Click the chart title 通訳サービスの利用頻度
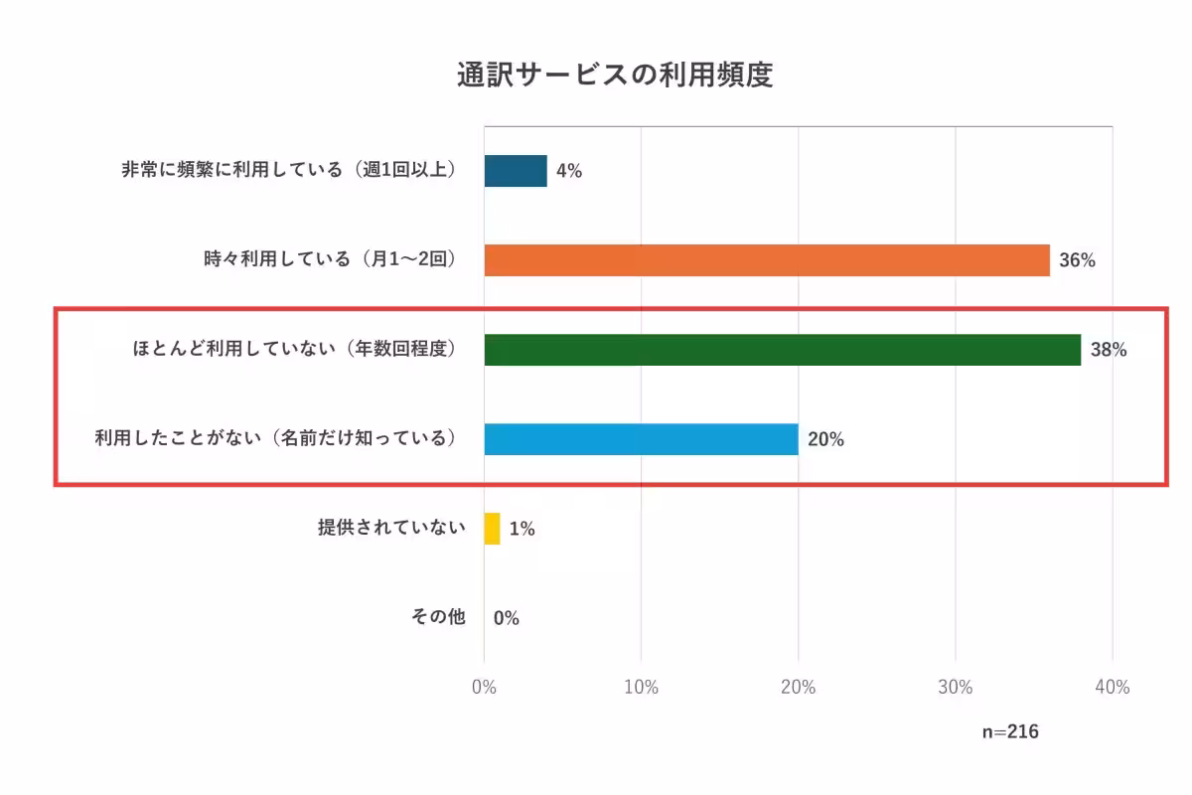pos(615,76)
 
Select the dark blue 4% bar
pos(516,171)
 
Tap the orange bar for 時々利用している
pos(767,260)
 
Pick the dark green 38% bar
pos(783,350)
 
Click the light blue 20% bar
pos(642,439)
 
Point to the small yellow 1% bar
pos(492,529)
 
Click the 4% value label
pos(569,171)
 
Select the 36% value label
pos(1077,260)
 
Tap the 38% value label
pos(1109,350)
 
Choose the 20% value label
pos(825,439)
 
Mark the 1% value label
pos(521,529)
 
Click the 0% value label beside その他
pos(506,618)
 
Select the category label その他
pos(438,617)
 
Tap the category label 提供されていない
pos(391,528)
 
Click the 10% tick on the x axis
pos(641,688)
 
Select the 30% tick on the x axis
pos(955,688)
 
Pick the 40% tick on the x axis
pos(1112,688)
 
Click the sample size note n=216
pos(1010,731)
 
